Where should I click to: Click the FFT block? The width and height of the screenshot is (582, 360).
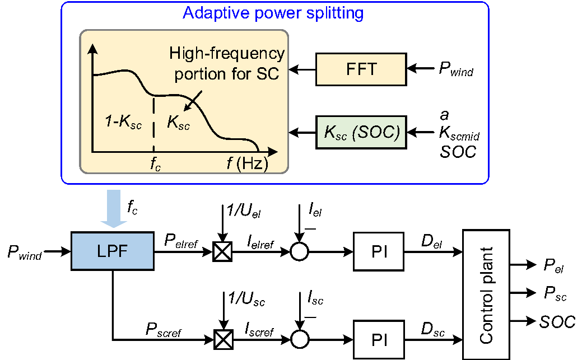361,69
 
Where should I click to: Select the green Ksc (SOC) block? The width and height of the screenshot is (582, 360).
361,133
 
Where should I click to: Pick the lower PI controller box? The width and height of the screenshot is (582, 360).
379,339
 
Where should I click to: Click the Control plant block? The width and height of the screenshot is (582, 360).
486,294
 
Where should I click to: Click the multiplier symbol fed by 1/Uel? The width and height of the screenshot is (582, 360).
222,253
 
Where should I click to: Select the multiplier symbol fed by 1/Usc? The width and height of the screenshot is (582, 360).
222,339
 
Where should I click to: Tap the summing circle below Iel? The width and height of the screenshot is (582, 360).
300,253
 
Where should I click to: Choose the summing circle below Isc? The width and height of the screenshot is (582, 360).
300,339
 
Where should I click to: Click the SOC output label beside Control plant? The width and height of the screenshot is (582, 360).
557,321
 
